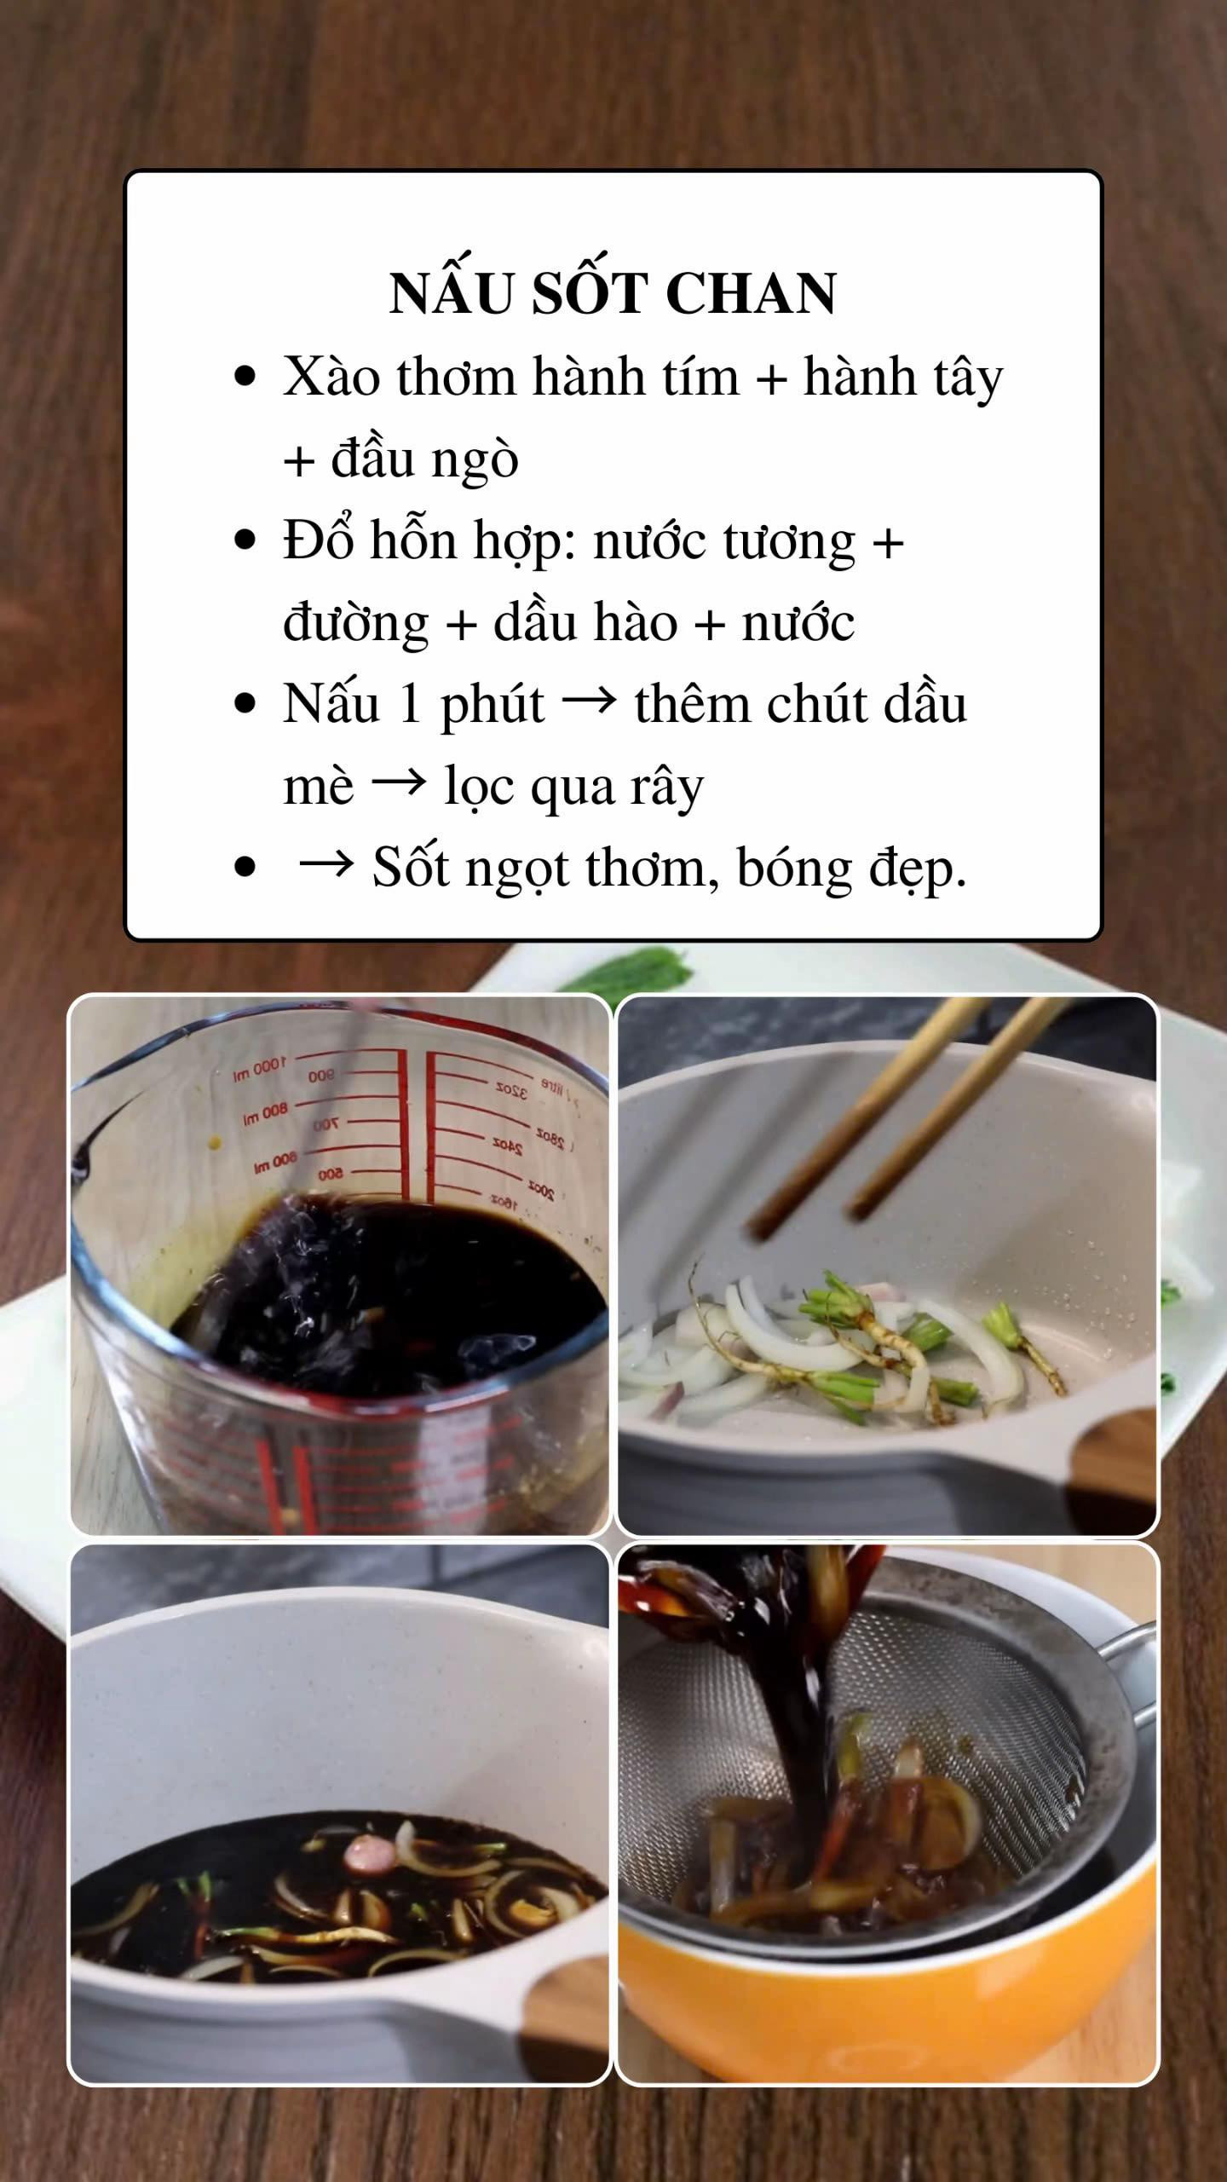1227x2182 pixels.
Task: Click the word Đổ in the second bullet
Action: coord(317,540)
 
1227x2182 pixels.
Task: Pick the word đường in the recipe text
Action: coord(356,623)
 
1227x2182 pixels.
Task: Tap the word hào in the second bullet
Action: coord(634,622)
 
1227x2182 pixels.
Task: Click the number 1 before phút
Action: coord(410,704)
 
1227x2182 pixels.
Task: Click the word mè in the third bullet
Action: coord(318,786)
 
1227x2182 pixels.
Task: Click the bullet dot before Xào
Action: coord(245,376)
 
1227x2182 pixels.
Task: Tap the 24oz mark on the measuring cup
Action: coord(508,1146)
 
